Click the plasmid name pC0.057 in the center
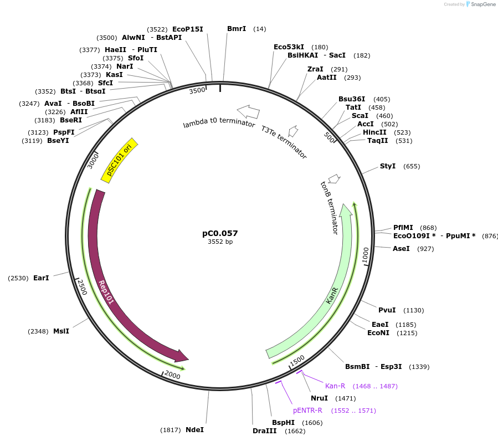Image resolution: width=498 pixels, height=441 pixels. click(x=220, y=233)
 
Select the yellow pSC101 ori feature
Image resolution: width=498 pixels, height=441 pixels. click(x=120, y=160)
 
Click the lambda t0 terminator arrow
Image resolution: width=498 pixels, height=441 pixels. click(x=248, y=112)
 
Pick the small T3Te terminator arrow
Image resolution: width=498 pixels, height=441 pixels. click(x=294, y=131)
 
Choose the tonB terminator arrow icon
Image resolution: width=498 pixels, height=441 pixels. click(x=334, y=179)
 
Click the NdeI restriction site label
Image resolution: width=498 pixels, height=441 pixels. click(x=194, y=429)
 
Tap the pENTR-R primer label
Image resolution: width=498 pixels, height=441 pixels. click(x=307, y=411)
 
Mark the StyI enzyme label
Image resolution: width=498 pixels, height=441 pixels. click(x=388, y=166)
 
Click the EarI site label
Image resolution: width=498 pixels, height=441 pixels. click(x=41, y=278)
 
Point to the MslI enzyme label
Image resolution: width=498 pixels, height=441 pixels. click(x=61, y=331)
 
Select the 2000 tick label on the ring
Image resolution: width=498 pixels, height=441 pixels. click(x=173, y=376)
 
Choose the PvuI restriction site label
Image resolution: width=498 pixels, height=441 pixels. click(x=387, y=310)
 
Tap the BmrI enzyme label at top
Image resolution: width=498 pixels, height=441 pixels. click(x=237, y=28)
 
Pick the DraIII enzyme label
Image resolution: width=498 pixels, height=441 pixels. click(x=264, y=430)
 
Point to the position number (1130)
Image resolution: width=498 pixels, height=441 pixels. click(x=413, y=310)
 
